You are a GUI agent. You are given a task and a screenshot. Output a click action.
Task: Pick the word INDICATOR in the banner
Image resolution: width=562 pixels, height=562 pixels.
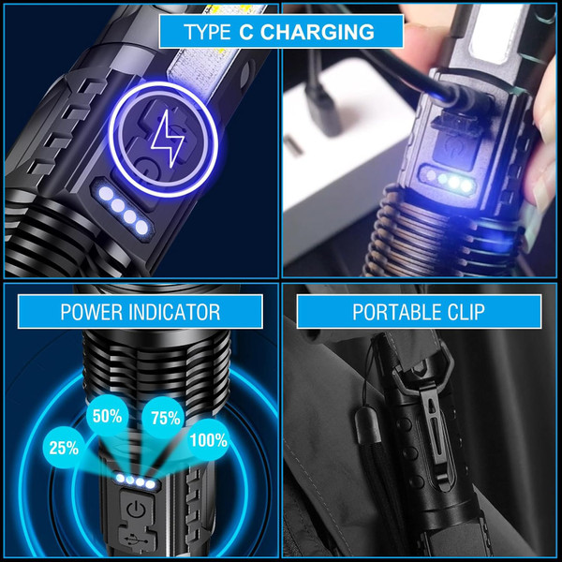click(x=177, y=312)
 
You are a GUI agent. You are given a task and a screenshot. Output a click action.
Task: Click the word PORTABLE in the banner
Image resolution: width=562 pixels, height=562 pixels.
click(x=396, y=312)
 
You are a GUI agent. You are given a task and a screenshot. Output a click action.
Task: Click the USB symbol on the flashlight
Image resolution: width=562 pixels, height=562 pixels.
click(x=136, y=540)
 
